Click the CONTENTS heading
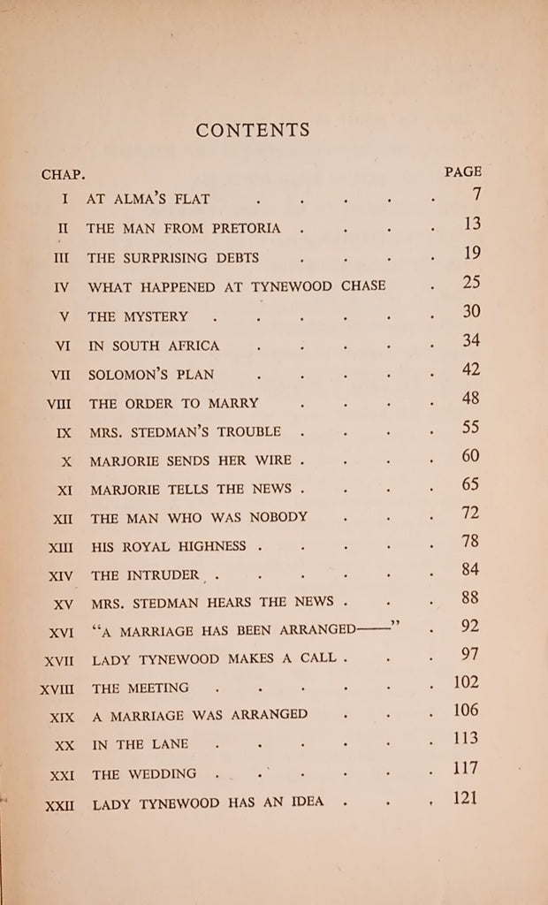tap(253, 131)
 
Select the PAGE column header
tap(462, 172)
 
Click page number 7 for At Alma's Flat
tap(476, 196)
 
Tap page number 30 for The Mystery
tap(470, 312)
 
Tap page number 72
tap(470, 512)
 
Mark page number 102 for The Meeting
tap(466, 681)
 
